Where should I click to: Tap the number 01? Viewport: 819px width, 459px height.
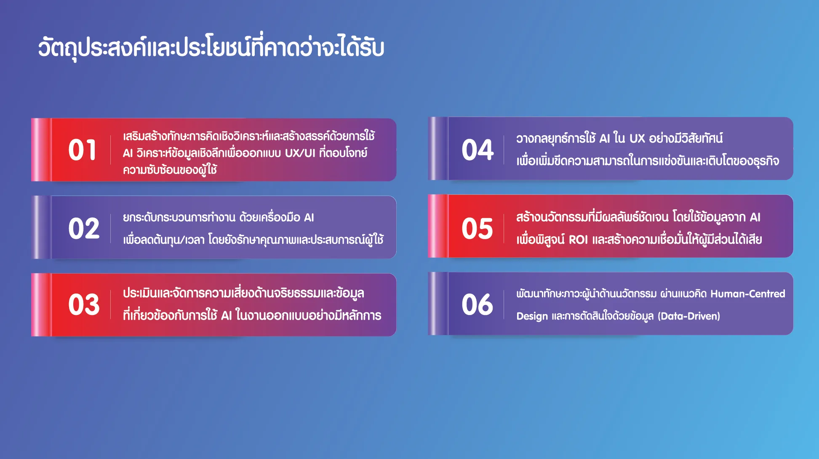pyautogui.click(x=82, y=150)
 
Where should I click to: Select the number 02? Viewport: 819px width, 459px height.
pyautogui.click(x=84, y=229)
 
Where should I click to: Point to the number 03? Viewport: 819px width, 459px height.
pyautogui.click(x=84, y=304)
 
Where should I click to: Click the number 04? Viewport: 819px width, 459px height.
pyautogui.click(x=478, y=150)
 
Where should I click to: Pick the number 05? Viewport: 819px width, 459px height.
pyautogui.click(x=477, y=229)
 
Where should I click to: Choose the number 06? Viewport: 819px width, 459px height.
pyautogui.click(x=477, y=304)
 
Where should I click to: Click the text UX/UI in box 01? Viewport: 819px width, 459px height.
pyautogui.click(x=300, y=153)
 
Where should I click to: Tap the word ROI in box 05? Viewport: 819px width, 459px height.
pyautogui.click(x=578, y=240)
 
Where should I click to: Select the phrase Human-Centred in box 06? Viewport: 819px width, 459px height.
pyautogui.click(x=748, y=294)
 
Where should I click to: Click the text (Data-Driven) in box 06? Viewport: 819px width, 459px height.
pyautogui.click(x=689, y=316)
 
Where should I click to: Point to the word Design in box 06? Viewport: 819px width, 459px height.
pyautogui.click(x=532, y=316)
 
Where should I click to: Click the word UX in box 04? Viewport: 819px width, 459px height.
pyautogui.click(x=637, y=139)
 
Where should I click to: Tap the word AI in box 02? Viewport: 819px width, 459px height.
pyautogui.click(x=309, y=217)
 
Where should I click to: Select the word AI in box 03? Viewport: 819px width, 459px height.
pyautogui.click(x=227, y=315)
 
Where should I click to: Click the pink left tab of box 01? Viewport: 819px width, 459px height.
pyautogui.click(x=41, y=149)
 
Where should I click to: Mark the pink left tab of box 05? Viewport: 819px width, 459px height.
pyautogui.click(x=438, y=226)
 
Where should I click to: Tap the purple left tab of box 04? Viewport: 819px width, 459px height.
pyautogui.click(x=438, y=148)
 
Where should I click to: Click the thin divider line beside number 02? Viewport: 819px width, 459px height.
pyautogui.click(x=111, y=229)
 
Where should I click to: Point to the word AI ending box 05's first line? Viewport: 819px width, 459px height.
pyautogui.click(x=755, y=217)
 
